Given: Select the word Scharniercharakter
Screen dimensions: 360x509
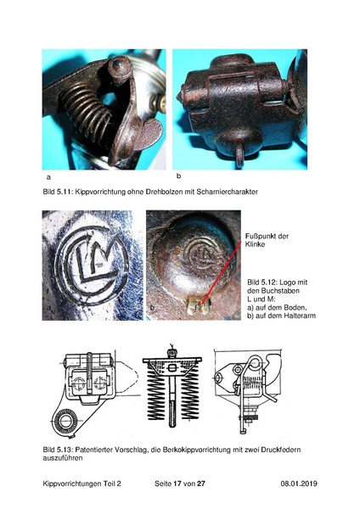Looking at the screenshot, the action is click(x=227, y=192).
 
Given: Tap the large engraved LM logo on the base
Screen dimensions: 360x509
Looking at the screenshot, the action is click(x=92, y=265).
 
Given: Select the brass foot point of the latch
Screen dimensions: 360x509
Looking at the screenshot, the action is click(x=199, y=306).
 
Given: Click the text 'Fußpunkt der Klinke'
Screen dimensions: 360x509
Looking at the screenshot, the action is click(x=267, y=240).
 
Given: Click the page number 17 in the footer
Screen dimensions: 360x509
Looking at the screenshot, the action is click(x=177, y=484).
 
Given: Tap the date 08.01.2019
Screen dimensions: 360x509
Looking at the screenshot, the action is click(x=299, y=484).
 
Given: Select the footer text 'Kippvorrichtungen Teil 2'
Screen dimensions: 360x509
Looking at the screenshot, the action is click(x=82, y=484).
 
